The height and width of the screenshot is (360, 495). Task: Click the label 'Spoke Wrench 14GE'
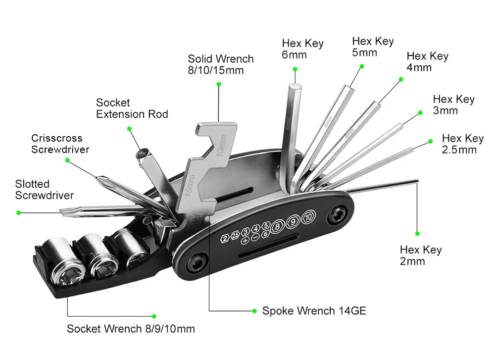click(314, 311)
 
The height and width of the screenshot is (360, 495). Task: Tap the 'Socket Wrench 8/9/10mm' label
click(131, 329)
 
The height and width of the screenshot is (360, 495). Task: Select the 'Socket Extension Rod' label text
click(132, 108)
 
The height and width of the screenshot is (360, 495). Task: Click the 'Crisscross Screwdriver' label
click(60, 144)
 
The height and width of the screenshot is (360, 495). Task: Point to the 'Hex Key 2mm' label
click(420, 256)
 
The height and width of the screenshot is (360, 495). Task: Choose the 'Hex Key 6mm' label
click(302, 49)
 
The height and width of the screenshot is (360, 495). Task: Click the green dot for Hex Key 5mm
click(362, 66)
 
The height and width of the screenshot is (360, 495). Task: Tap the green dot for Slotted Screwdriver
click(19, 213)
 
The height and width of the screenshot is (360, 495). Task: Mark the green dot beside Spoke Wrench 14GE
click(254, 311)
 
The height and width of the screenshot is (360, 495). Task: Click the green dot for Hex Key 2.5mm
click(430, 141)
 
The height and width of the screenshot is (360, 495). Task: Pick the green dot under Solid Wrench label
click(219, 84)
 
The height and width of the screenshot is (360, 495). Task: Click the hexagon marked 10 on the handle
click(308, 217)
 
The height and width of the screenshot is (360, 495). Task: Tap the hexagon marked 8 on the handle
click(278, 226)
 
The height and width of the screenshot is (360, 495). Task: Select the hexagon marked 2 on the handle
click(225, 238)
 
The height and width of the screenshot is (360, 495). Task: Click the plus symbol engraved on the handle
click(245, 241)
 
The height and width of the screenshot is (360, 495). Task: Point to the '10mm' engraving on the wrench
click(221, 146)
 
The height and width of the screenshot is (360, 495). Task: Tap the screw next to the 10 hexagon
click(337, 215)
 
